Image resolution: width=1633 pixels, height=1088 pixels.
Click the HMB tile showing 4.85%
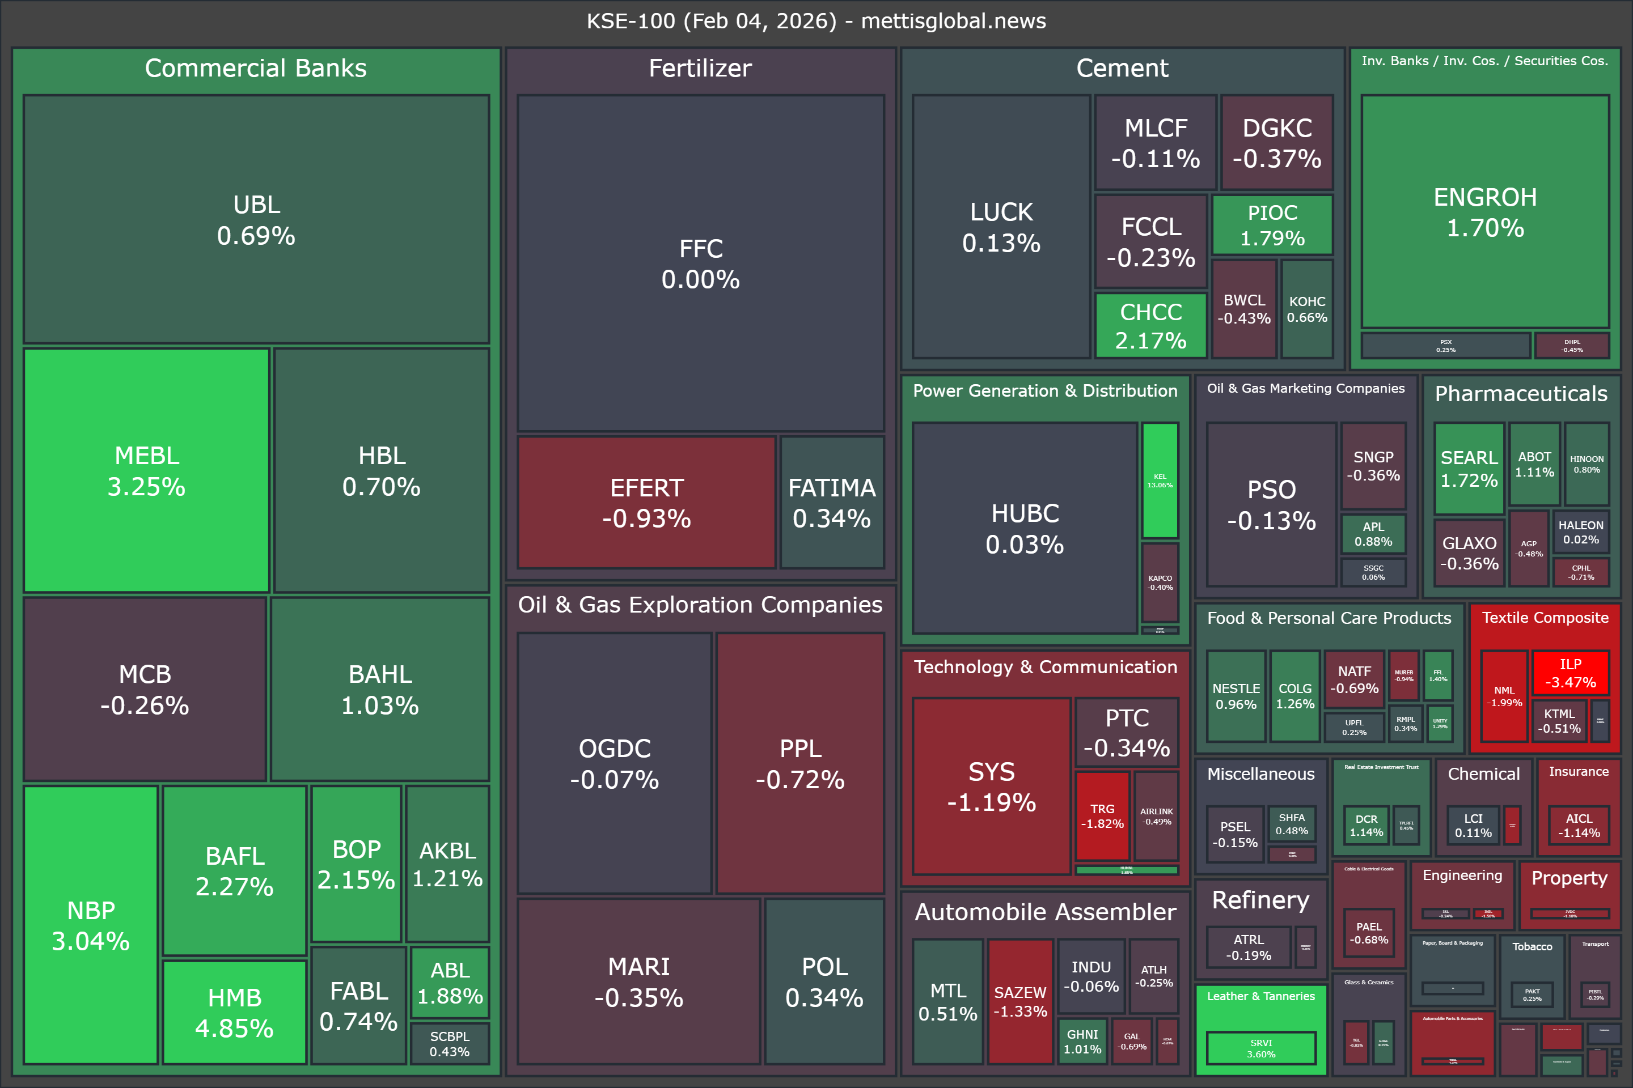coord(235,1011)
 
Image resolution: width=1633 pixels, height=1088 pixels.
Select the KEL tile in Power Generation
coord(1160,480)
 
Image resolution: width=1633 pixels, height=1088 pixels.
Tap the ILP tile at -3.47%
coord(1571,673)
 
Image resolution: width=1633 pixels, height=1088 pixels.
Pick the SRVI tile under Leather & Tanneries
coord(1261,1048)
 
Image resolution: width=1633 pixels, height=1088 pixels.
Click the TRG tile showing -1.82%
coord(1102,816)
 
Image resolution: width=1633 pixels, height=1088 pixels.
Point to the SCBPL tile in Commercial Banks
coord(449,1043)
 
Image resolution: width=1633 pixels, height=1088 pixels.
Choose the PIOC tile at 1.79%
coord(1272,225)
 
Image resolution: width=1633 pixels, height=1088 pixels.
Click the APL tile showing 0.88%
coord(1373,534)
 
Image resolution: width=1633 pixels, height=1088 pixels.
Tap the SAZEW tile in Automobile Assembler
coord(1020,1001)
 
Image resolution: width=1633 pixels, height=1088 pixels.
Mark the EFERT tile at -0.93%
coord(646,503)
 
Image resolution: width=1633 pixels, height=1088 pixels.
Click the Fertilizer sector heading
coord(700,68)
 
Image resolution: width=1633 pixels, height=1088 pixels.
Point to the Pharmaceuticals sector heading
coord(1521,393)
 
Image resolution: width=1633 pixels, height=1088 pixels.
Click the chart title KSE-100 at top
coord(816,21)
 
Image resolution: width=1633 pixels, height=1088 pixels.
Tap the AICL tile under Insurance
coord(1578,825)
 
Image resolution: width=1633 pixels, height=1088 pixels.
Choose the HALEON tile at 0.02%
coord(1580,532)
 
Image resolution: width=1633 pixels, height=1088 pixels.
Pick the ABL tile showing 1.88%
coord(450,983)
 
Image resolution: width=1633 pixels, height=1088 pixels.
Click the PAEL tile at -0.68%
coord(1368,933)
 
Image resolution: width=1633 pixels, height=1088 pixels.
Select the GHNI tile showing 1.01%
coord(1082,1041)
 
